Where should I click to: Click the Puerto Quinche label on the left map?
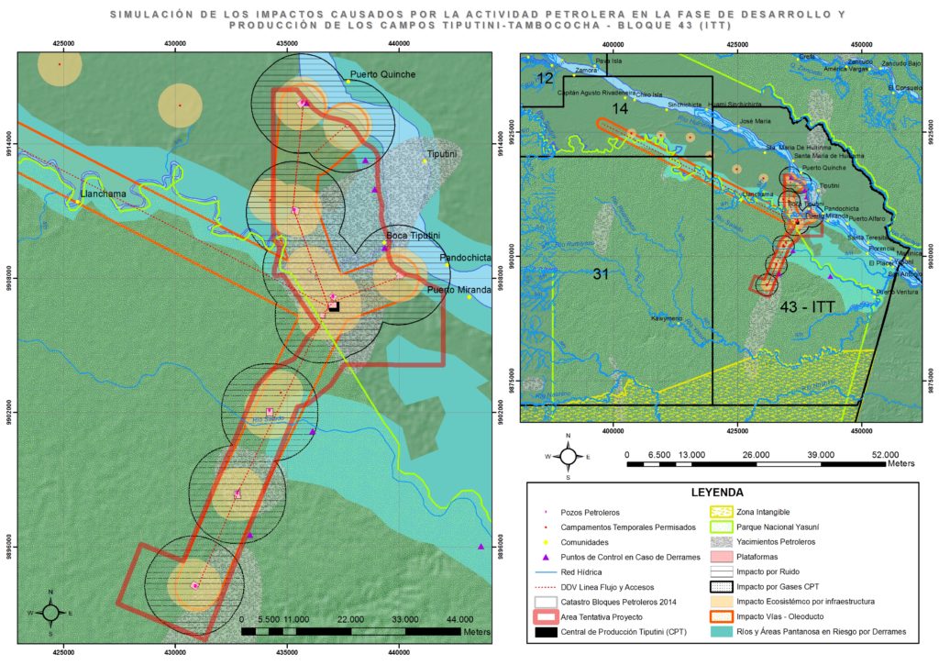[382, 74]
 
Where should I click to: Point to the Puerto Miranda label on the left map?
[458, 291]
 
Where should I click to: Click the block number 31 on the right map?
[601, 274]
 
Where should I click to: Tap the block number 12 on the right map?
[545, 79]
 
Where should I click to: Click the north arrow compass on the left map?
[51, 611]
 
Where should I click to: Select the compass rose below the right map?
[569, 455]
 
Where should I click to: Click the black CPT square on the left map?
[335, 307]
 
